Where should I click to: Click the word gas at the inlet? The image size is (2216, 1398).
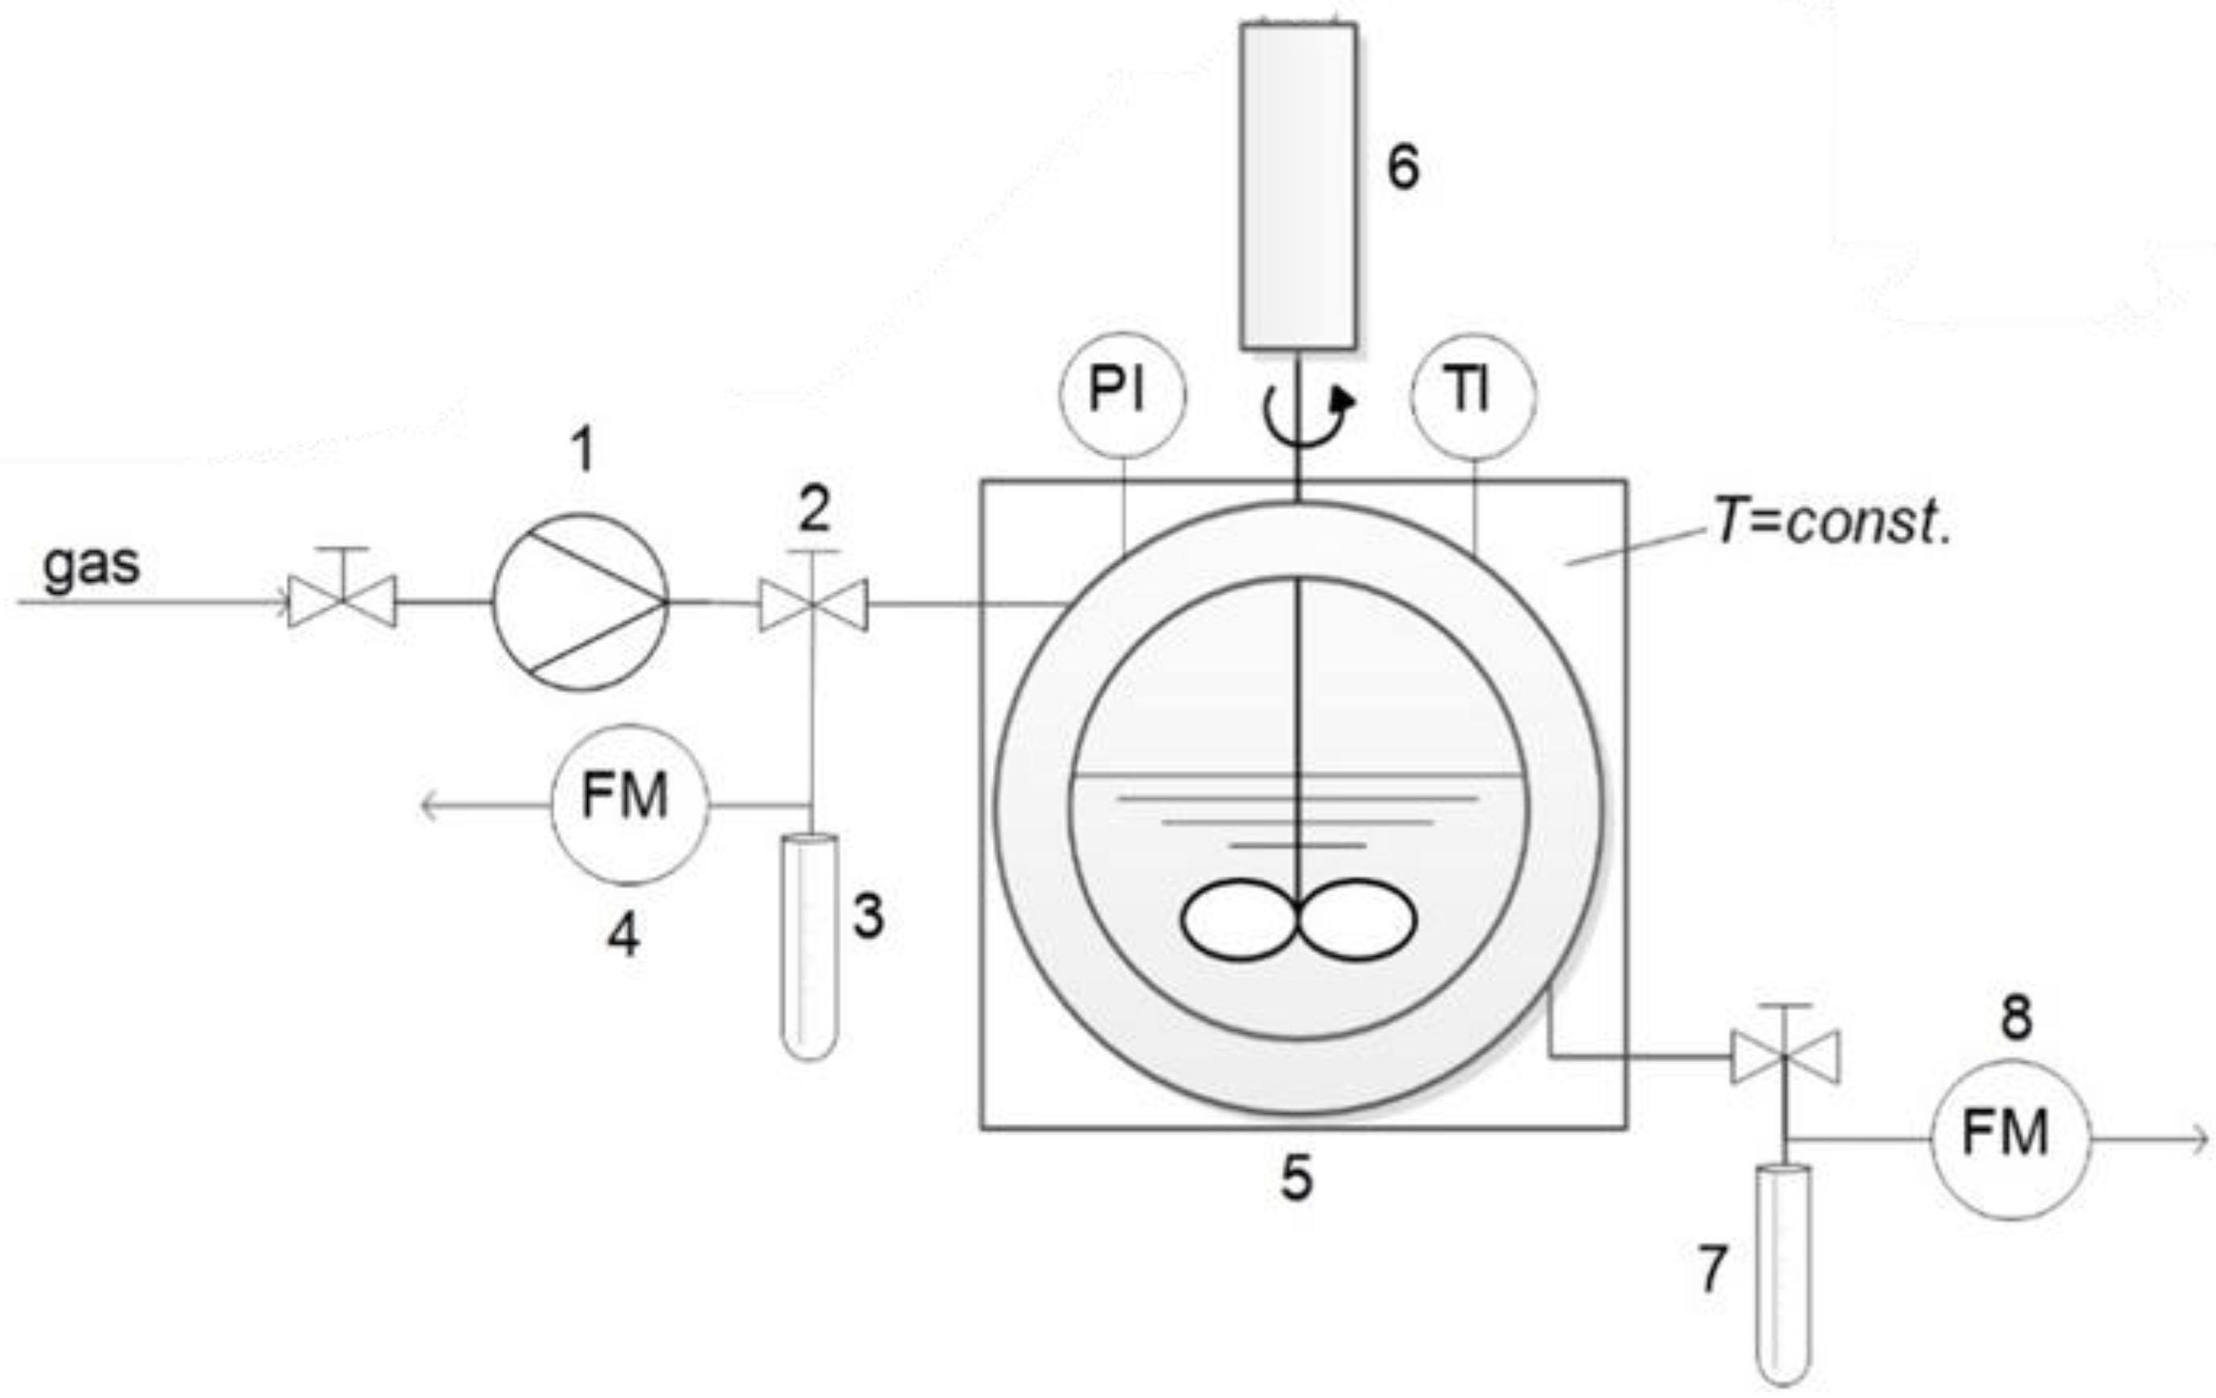[x=91, y=563]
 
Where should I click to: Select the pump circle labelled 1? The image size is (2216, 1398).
[x=581, y=602]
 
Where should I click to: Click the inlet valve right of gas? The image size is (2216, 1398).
[x=342, y=601]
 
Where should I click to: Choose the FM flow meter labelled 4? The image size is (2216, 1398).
[x=629, y=803]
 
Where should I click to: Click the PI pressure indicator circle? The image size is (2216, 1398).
[x=1122, y=394]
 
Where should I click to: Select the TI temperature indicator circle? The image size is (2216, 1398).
[x=1473, y=394]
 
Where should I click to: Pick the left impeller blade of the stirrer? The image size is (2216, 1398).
[x=1237, y=919]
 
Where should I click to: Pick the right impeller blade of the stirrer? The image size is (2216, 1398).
[x=1357, y=919]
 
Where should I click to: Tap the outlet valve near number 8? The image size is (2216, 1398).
[x=1785, y=1057]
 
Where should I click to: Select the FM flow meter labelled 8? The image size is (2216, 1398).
[x=2010, y=1138]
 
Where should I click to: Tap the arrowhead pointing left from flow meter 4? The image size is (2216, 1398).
[x=429, y=806]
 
